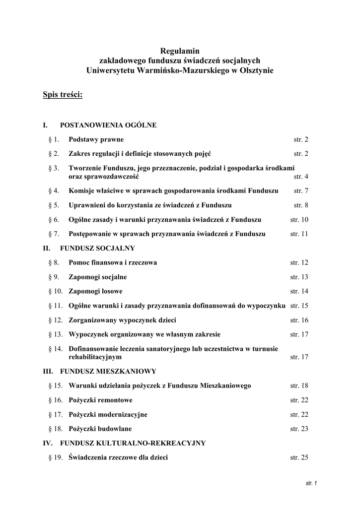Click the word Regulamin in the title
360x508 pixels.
pyautogui.click(x=180, y=50)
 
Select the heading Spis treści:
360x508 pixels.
pyautogui.click(x=63, y=95)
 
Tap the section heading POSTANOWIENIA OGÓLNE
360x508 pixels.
pyautogui.click(x=108, y=125)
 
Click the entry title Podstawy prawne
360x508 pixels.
pyautogui.click(x=96, y=139)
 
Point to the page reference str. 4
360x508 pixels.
pyautogui.click(x=301, y=177)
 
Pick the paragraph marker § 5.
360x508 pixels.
pyautogui.click(x=54, y=205)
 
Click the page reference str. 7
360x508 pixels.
pyautogui.click(x=301, y=190)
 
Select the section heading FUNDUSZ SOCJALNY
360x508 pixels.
pyautogui.click(x=97, y=248)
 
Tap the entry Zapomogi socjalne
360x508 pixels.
pyautogui.click(x=98, y=277)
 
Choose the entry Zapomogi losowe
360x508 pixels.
pyautogui.click(x=95, y=291)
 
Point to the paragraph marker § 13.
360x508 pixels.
pyautogui.click(x=55, y=334)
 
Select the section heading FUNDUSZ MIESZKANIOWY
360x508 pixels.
pyautogui.click(x=108, y=371)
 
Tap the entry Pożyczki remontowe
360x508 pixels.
pyautogui.click(x=100, y=400)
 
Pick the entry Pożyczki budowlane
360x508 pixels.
pyautogui.click(x=100, y=429)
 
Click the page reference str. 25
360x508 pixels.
pyautogui.click(x=299, y=457)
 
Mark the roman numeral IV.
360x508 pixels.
pyautogui.click(x=48, y=443)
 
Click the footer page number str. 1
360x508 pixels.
pyautogui.click(x=311, y=483)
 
